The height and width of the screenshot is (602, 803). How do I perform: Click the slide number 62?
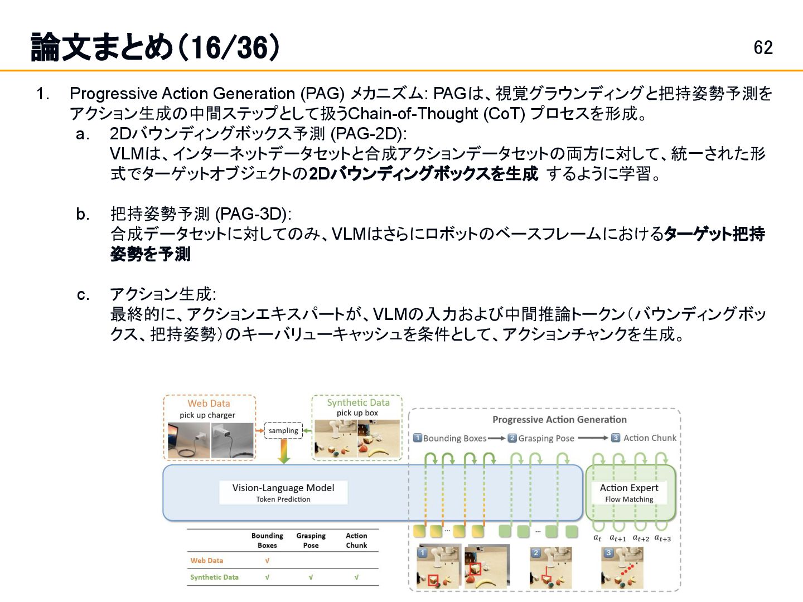tap(763, 47)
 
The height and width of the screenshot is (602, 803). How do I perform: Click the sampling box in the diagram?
tap(283, 431)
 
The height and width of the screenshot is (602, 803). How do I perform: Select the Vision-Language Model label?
tap(283, 488)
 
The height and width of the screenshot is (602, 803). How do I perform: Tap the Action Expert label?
tap(629, 488)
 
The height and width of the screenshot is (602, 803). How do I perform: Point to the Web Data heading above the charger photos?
tap(209, 403)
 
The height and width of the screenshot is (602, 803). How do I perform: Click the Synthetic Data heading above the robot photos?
tap(358, 402)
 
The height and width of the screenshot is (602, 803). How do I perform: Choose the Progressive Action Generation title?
tap(559, 420)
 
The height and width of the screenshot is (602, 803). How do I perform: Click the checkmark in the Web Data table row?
tap(267, 561)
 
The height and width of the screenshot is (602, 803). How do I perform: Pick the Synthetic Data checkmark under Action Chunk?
tap(356, 577)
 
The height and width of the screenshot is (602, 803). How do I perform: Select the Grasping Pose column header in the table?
tap(311, 540)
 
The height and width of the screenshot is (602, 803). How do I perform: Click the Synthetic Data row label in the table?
tap(214, 577)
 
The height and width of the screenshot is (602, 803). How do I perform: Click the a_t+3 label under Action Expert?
tap(662, 538)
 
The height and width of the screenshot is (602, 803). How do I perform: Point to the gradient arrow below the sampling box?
tap(284, 452)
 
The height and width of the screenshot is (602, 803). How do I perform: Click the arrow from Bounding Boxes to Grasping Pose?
tap(496, 439)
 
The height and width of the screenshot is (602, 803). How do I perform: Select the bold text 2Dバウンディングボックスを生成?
tap(423, 174)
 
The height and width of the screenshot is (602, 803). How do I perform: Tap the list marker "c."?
tap(83, 294)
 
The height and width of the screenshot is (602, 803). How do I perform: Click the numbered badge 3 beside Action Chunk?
tap(616, 438)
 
